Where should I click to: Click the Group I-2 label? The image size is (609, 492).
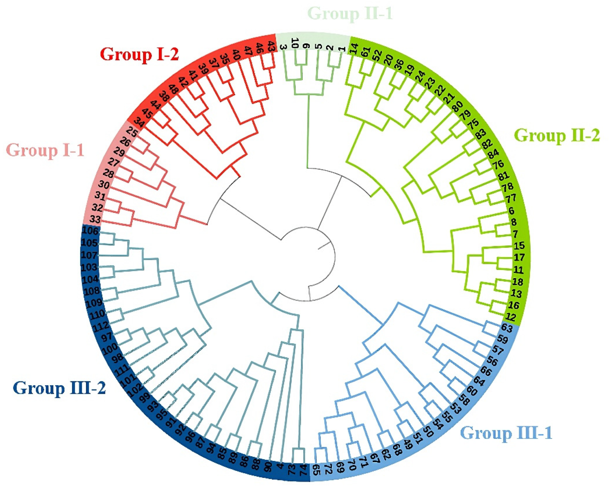click(139, 54)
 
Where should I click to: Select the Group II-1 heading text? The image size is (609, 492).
click(350, 14)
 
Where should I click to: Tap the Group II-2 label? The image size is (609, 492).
click(557, 136)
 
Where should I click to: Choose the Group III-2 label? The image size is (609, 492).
click(60, 388)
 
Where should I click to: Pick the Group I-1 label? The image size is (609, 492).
click(45, 150)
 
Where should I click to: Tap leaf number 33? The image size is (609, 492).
click(95, 219)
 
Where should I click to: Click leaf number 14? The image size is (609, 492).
click(354, 48)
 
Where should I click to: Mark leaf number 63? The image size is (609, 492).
click(507, 328)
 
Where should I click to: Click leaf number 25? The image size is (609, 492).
click(132, 133)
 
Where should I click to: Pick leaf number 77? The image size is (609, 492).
click(511, 199)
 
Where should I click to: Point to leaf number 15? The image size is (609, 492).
click(519, 246)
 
